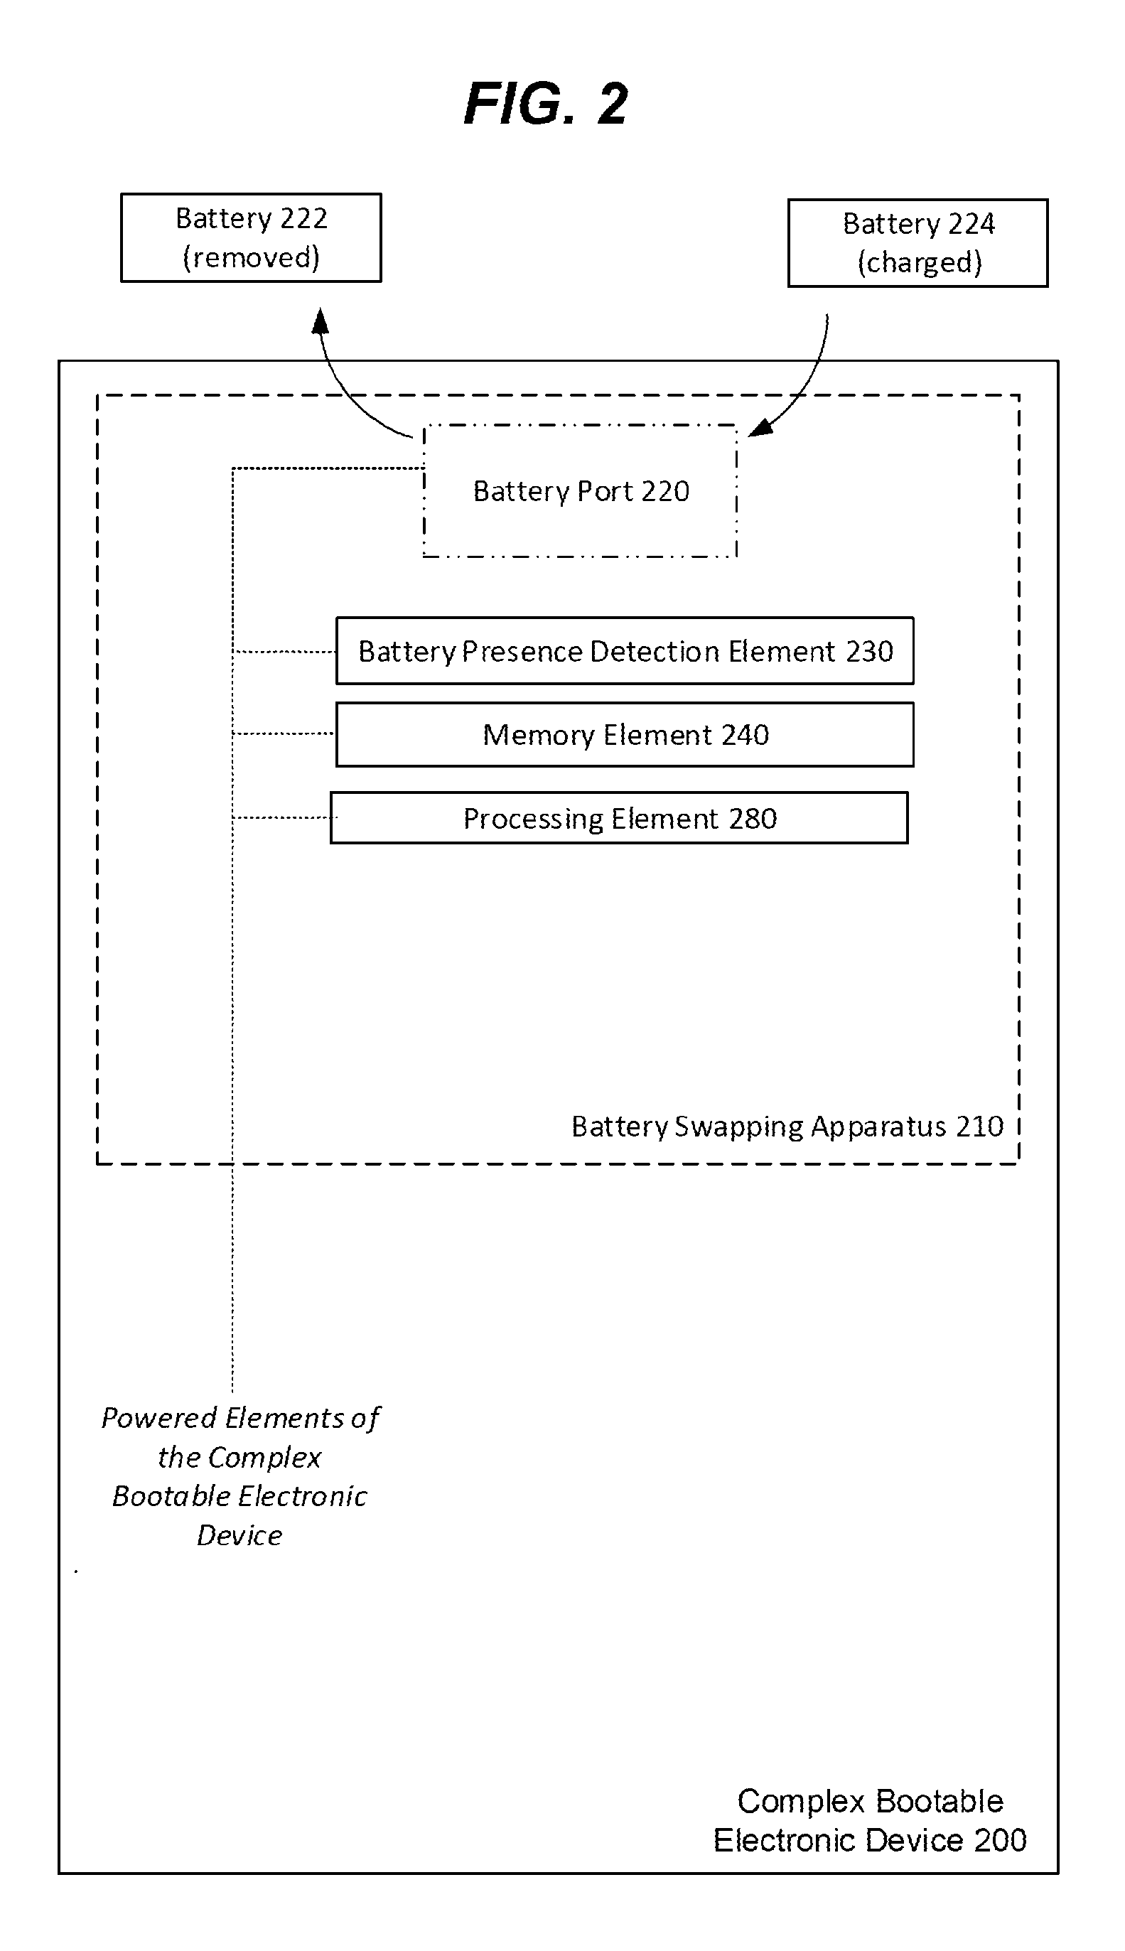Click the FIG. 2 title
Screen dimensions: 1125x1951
pyautogui.click(x=546, y=104)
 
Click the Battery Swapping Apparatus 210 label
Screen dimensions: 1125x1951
pyautogui.click(x=787, y=1127)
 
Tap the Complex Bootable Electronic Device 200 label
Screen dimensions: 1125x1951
pyautogui.click(x=870, y=1820)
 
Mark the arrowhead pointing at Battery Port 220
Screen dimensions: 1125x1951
pyautogui.click(x=760, y=427)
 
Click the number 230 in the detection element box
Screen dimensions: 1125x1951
pyautogui.click(x=869, y=651)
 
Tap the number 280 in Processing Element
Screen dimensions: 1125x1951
pyautogui.click(x=753, y=818)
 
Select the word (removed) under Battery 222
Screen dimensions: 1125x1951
pyautogui.click(x=251, y=257)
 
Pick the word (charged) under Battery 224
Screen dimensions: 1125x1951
pyautogui.click(x=920, y=263)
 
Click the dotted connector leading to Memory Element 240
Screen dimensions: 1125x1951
pyautogui.click(x=284, y=733)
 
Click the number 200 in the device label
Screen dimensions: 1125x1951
pyautogui.click(x=1001, y=1841)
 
